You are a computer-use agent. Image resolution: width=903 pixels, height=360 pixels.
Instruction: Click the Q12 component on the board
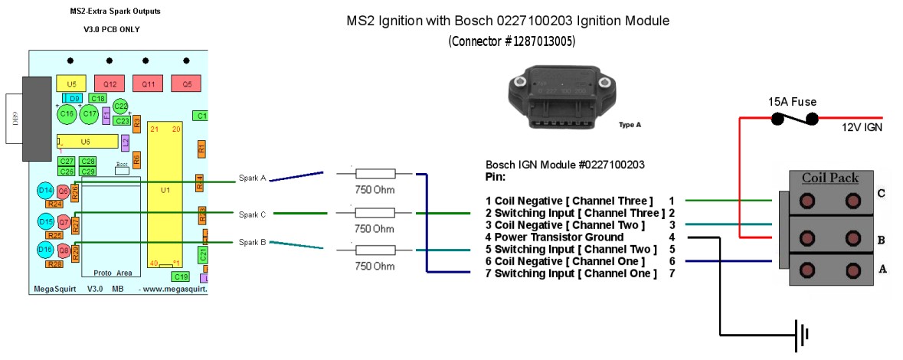[x=109, y=83]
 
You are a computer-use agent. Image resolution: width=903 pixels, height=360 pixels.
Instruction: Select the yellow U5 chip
[x=71, y=83]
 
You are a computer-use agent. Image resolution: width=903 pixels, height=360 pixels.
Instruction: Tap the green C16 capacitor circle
[x=67, y=114]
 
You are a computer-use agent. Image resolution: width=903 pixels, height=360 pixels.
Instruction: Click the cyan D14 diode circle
[x=45, y=190]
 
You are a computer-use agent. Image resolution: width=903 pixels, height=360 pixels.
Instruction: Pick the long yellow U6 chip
[x=87, y=142]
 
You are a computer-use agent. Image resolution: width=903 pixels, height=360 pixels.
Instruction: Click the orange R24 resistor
[x=54, y=204]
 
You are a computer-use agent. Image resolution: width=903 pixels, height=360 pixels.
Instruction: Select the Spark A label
[x=252, y=178]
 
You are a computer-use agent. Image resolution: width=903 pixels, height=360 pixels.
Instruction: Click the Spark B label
[x=252, y=242]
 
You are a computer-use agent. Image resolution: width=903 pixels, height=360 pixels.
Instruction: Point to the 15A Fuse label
[x=792, y=101]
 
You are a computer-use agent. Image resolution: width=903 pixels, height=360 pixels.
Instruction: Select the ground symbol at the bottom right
[x=802, y=335]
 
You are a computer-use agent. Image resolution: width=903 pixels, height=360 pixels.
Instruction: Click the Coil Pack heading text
[x=829, y=178]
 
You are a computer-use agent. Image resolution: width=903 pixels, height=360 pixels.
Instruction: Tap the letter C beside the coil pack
[x=881, y=193]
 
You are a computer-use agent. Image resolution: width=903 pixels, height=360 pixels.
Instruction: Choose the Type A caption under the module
[x=629, y=124]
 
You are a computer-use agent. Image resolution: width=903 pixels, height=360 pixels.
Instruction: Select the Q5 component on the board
[x=186, y=83]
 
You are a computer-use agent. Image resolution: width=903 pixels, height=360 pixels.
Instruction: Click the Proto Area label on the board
[x=112, y=273]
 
